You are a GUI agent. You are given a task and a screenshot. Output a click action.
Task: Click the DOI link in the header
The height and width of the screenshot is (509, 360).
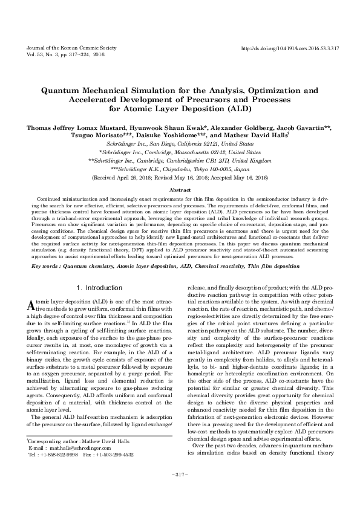289,47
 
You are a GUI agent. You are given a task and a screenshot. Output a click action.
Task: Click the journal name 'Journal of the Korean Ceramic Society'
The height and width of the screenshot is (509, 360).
62,47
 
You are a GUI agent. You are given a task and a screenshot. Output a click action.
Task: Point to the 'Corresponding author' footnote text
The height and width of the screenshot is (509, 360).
53,461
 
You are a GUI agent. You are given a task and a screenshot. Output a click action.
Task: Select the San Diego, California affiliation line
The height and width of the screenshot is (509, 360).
180,146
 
